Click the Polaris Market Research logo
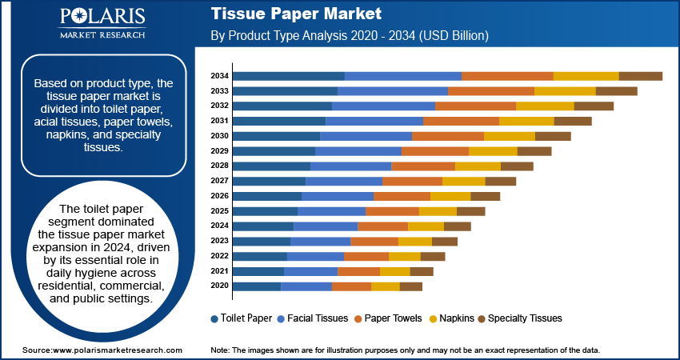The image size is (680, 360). (x=101, y=23)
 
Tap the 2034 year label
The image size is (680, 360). (x=220, y=76)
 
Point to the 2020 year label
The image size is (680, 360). (x=220, y=286)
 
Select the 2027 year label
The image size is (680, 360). (x=220, y=182)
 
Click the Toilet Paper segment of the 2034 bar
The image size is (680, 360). (x=289, y=76)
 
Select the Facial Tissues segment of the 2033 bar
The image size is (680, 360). (x=393, y=91)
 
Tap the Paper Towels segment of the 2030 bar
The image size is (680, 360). (x=448, y=136)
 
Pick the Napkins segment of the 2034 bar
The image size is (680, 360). (x=586, y=76)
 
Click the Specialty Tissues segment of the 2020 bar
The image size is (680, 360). (x=410, y=286)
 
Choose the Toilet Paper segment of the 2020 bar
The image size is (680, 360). (x=257, y=286)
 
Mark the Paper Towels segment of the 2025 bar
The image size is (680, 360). (x=392, y=211)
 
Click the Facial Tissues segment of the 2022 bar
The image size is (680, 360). (x=315, y=256)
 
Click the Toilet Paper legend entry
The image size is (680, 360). (x=241, y=318)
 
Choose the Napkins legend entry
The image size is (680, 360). (x=452, y=318)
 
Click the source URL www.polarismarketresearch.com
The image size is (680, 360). (x=118, y=350)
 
